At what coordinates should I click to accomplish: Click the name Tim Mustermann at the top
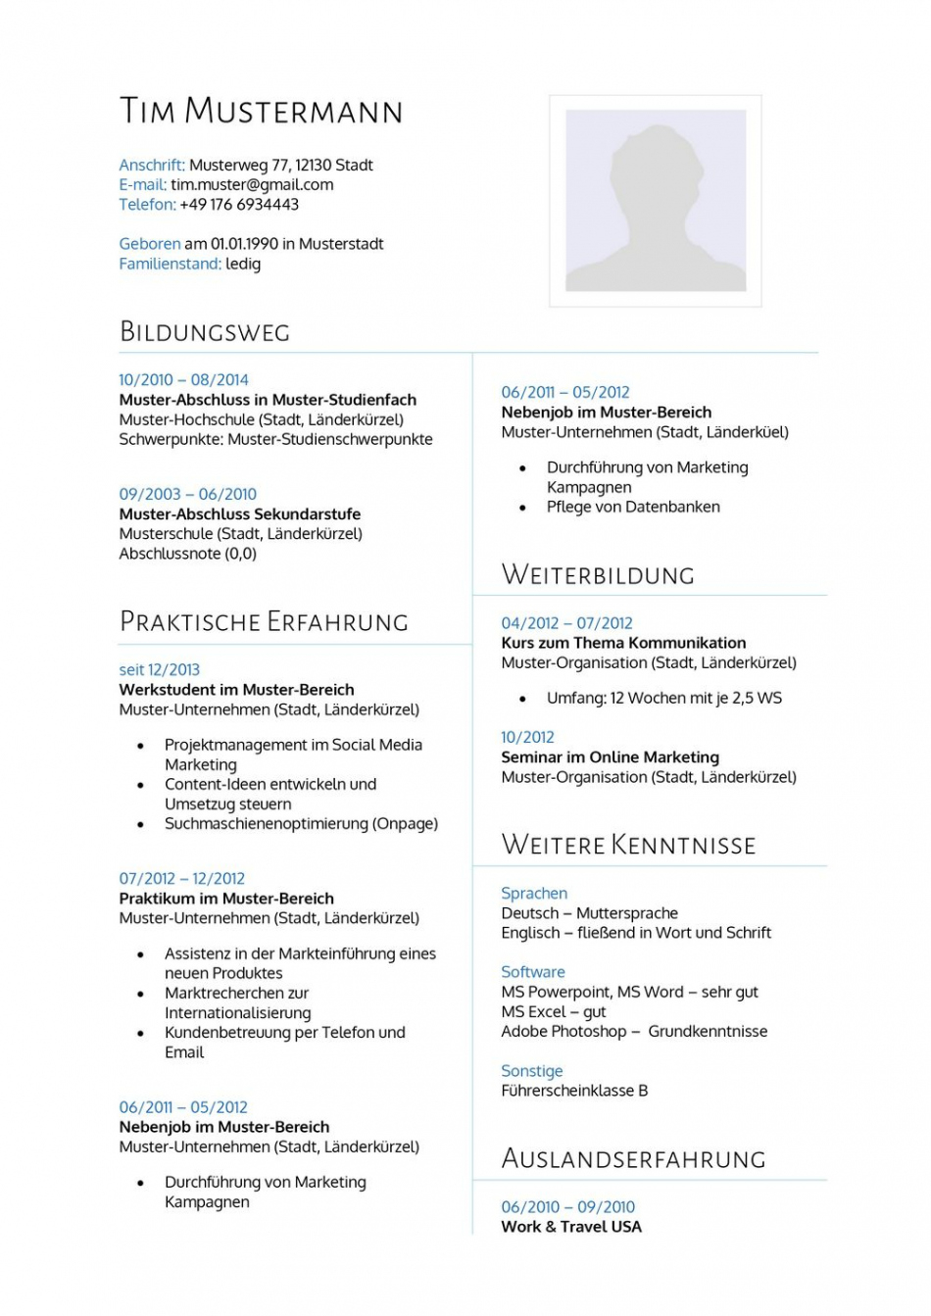[x=261, y=111]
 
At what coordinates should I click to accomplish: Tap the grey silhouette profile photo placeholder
[x=656, y=201]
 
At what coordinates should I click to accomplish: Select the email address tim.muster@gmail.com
[x=252, y=184]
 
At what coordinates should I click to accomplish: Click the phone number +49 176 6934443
[x=239, y=204]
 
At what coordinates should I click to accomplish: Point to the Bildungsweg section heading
[x=205, y=331]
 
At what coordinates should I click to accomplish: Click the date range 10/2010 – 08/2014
[x=183, y=379]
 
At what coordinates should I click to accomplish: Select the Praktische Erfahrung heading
[x=264, y=621]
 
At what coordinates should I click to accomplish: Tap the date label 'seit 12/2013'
[x=159, y=669]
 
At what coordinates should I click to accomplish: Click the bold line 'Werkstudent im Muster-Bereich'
[x=236, y=689]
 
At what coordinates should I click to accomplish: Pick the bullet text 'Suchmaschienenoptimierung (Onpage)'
[x=301, y=823]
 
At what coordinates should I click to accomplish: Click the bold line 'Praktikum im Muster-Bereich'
[x=226, y=898]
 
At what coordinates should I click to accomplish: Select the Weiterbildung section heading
[x=598, y=574]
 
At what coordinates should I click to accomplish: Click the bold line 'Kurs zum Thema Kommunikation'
[x=623, y=643]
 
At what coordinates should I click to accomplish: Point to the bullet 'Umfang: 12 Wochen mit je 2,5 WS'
[x=664, y=698]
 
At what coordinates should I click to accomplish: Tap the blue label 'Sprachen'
[x=534, y=893]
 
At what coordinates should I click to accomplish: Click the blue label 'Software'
[x=533, y=971]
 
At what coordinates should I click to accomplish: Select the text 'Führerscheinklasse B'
[x=574, y=1090]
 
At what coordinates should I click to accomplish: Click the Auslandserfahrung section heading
[x=633, y=1158]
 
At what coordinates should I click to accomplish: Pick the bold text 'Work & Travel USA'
[x=571, y=1226]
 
